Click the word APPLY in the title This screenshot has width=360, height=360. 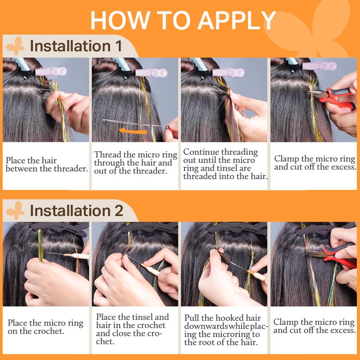point(237,20)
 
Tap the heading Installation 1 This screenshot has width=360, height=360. point(76,46)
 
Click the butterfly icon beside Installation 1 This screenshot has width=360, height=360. point(15,46)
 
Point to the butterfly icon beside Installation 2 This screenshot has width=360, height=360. point(15,211)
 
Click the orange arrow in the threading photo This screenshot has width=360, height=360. point(133,131)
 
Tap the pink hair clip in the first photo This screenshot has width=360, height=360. point(51,72)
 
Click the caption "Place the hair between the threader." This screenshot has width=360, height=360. point(47,164)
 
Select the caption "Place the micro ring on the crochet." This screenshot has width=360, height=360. point(45,327)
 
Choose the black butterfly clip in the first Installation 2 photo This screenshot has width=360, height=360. point(60,229)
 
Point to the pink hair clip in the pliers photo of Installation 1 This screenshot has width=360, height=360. point(319,66)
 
